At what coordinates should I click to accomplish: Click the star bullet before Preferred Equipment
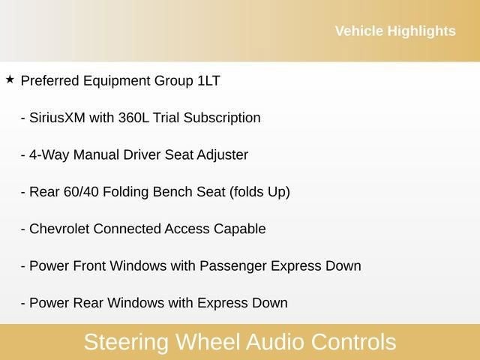[x=10, y=79]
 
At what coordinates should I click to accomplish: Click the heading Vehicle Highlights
[x=394, y=31]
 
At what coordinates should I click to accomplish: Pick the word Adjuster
[x=223, y=154]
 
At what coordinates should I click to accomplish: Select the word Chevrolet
[x=60, y=229]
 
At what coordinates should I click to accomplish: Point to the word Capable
[x=240, y=229]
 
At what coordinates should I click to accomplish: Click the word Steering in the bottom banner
[x=127, y=342]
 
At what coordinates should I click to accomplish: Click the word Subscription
[x=224, y=118]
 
